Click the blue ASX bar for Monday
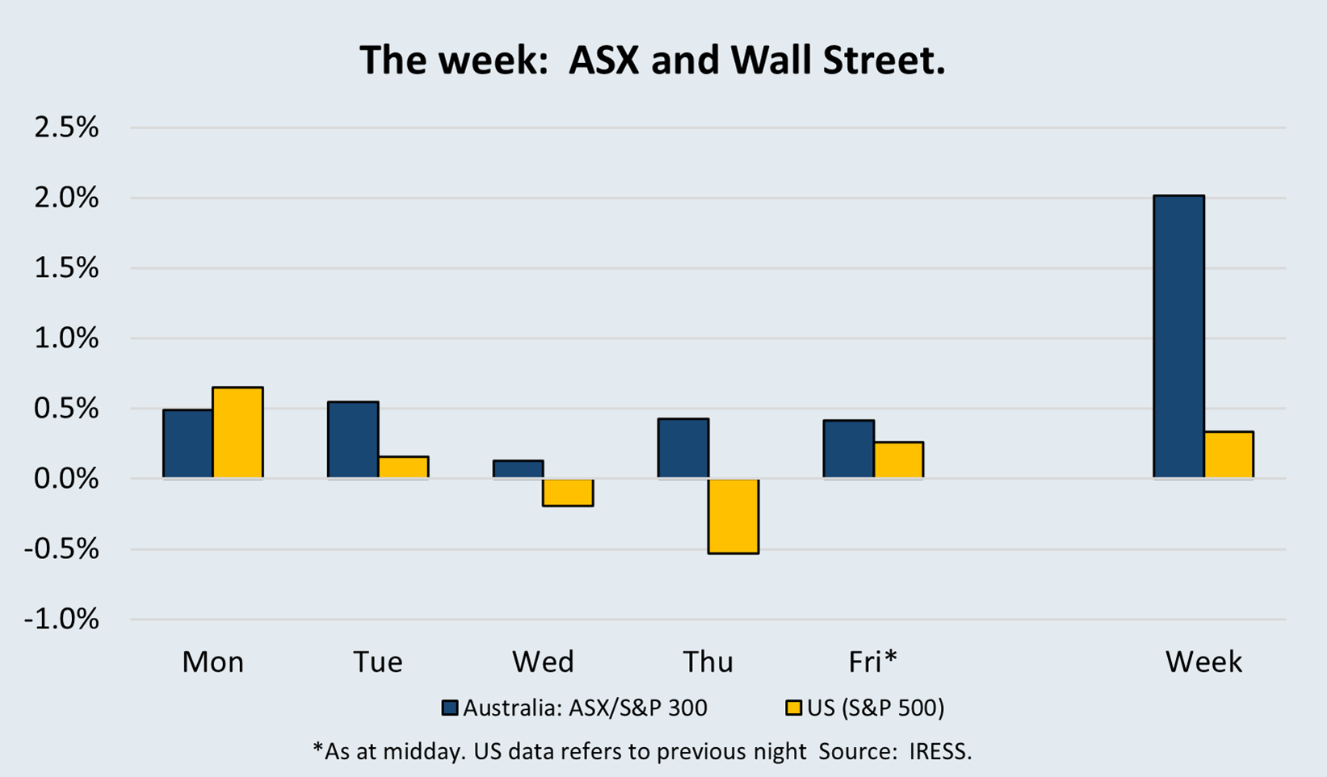coord(188,443)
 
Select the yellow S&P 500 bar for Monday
coord(238,433)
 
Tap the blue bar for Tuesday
coord(353,439)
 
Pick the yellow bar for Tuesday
coord(403,467)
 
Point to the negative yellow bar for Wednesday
coord(568,493)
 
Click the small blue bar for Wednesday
coord(518,469)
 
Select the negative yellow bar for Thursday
coord(733,515)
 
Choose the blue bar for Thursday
coord(683,448)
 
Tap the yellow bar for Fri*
coord(898,460)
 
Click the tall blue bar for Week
coord(1178,337)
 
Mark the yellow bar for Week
coord(1228,455)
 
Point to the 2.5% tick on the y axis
coord(66,128)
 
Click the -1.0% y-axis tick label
coord(61,619)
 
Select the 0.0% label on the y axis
coord(66,479)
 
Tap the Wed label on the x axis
coord(543,662)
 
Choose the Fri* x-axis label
coord(873,662)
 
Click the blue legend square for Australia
coord(450,708)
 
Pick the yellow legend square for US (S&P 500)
coord(794,708)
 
